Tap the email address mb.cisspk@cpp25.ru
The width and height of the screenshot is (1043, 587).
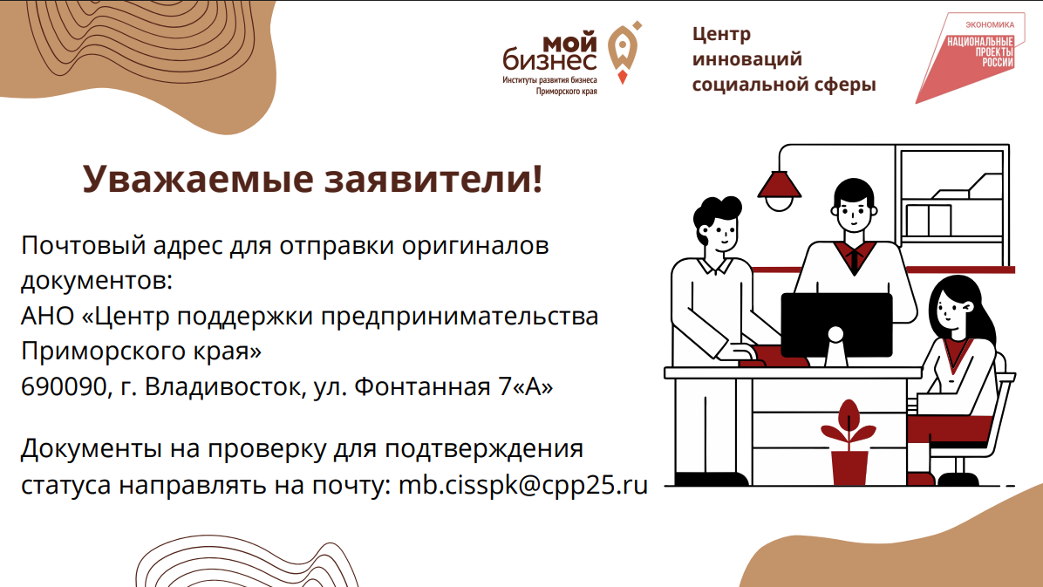(x=522, y=485)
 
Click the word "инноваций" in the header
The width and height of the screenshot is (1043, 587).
(x=747, y=59)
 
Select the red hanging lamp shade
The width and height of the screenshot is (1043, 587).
(x=779, y=182)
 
